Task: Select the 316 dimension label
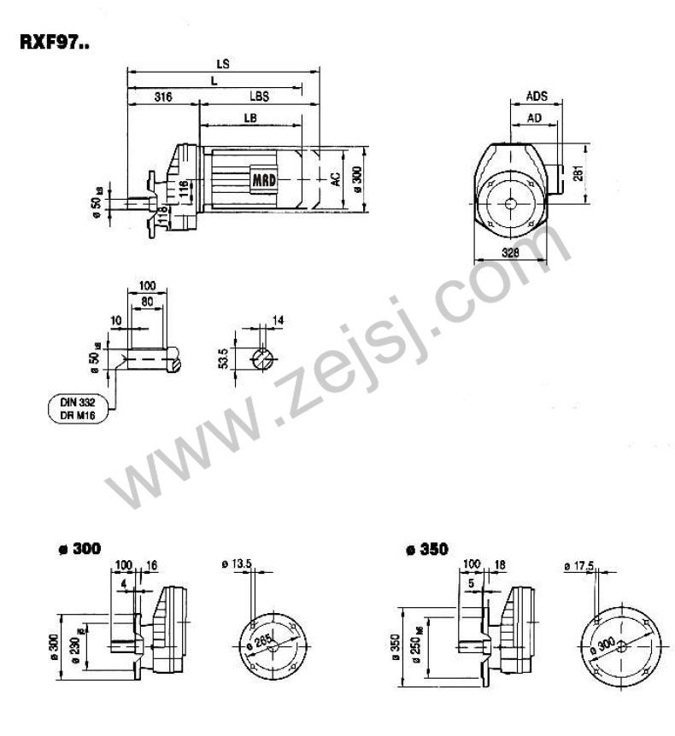pyautogui.click(x=161, y=97)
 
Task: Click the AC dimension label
pyautogui.click(x=336, y=178)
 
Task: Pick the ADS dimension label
pyautogui.click(x=537, y=96)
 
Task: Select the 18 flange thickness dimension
pyautogui.click(x=500, y=564)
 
